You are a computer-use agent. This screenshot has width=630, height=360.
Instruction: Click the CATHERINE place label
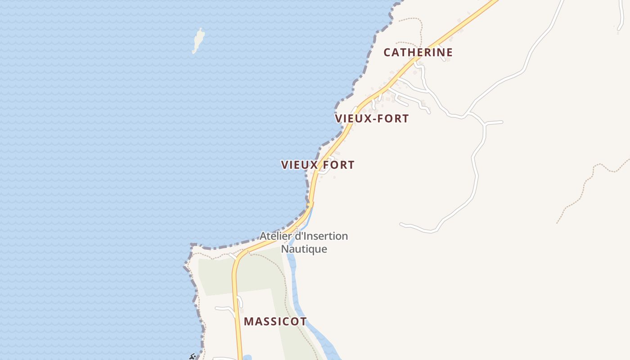click(x=418, y=52)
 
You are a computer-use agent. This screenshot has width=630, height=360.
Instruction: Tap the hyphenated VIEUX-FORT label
click(x=372, y=119)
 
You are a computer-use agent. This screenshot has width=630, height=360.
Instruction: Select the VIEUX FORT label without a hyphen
click(x=318, y=165)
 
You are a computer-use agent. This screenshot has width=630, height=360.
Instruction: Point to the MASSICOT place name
click(x=275, y=322)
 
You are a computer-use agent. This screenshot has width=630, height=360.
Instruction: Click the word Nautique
click(x=304, y=249)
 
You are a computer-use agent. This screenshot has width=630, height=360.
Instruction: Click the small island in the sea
click(x=198, y=40)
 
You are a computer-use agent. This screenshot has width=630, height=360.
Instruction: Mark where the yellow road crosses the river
click(x=310, y=205)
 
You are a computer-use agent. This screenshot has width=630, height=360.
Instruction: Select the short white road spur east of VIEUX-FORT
click(x=493, y=122)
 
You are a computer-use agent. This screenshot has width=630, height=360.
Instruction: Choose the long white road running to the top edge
click(x=540, y=40)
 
